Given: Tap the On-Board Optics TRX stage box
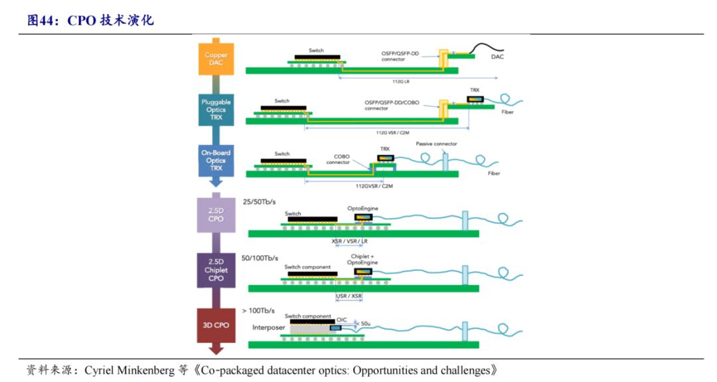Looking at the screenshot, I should tap(216, 160).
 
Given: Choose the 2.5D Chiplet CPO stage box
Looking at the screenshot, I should tap(216, 270).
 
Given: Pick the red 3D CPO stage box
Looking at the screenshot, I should tap(216, 325).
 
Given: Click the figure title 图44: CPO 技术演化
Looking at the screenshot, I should tap(90, 20).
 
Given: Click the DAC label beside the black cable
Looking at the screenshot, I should tap(497, 57).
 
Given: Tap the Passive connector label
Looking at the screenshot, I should tap(436, 144).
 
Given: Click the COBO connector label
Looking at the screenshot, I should tap(337, 160).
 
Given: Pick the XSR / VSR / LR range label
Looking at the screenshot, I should tap(349, 241).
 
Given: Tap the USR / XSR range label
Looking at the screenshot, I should tap(349, 295).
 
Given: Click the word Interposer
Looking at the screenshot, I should tap(269, 328).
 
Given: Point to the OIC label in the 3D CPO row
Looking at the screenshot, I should tap(342, 318).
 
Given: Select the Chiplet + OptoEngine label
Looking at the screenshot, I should tap(363, 259).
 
